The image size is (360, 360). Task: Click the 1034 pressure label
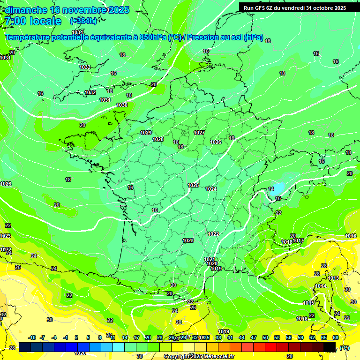click(x=78, y=32)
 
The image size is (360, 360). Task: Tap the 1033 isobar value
click(x=85, y=67)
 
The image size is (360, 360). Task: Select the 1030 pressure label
click(x=122, y=105)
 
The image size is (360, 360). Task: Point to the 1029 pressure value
click(x=146, y=133)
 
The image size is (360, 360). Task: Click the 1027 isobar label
click(x=199, y=133)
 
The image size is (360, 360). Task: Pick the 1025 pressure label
click(x=193, y=185)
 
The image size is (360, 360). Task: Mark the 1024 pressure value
click(x=211, y=189)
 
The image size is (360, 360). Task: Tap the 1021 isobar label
click(x=210, y=259)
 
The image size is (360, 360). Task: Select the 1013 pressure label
click(x=333, y=278)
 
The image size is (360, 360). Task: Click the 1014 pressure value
click(x=321, y=286)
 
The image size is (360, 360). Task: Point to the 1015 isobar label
click(x=308, y=303)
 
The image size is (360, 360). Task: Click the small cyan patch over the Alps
click(x=277, y=189)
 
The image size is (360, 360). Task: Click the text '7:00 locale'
click(x=33, y=21)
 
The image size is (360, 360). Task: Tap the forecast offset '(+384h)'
click(x=83, y=21)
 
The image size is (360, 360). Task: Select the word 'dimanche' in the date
click(x=26, y=10)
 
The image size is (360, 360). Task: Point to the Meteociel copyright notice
click(x=199, y=356)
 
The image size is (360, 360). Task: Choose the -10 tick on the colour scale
click(x=32, y=337)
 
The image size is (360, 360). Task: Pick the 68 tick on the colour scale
click(x=336, y=337)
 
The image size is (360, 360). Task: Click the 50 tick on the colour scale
click(x=265, y=337)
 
